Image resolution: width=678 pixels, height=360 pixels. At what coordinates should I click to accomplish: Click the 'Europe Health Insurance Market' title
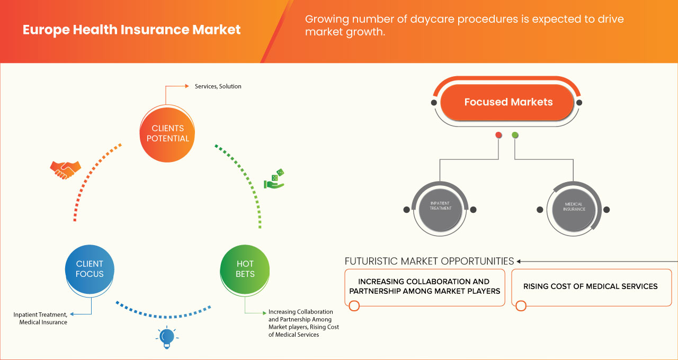[x=131, y=30]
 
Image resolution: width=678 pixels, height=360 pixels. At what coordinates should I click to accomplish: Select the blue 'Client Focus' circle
[x=90, y=269]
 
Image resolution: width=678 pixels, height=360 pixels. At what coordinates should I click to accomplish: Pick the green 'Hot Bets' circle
[x=245, y=269]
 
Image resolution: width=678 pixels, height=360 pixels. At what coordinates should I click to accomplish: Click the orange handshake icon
[x=65, y=169]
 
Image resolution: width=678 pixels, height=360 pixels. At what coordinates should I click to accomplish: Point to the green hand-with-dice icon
[x=274, y=179]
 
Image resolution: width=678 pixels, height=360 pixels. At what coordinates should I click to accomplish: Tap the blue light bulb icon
[x=167, y=337]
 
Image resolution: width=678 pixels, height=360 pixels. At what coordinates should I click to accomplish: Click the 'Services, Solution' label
[x=218, y=86]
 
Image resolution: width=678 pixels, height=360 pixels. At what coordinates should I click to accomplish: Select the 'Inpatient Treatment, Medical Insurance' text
[x=40, y=318]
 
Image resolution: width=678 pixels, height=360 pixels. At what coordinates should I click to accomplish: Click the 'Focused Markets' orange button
[x=508, y=102]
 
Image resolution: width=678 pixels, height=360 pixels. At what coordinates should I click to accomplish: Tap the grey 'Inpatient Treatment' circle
[x=440, y=209]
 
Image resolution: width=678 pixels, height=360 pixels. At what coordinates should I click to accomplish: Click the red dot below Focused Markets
[x=498, y=136]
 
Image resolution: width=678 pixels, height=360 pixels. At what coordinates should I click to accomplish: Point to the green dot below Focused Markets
[x=515, y=136]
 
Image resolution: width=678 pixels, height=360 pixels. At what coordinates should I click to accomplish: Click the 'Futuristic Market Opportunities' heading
[x=429, y=261]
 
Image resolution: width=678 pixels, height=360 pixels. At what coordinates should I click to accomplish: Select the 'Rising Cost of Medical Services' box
[x=590, y=286]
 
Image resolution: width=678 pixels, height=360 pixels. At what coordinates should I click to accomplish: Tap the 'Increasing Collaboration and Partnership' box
[x=424, y=286]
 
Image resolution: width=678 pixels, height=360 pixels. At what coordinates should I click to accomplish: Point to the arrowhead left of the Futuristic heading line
[x=519, y=261]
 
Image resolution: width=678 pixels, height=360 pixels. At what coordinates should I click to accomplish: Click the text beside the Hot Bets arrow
[x=303, y=323]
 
